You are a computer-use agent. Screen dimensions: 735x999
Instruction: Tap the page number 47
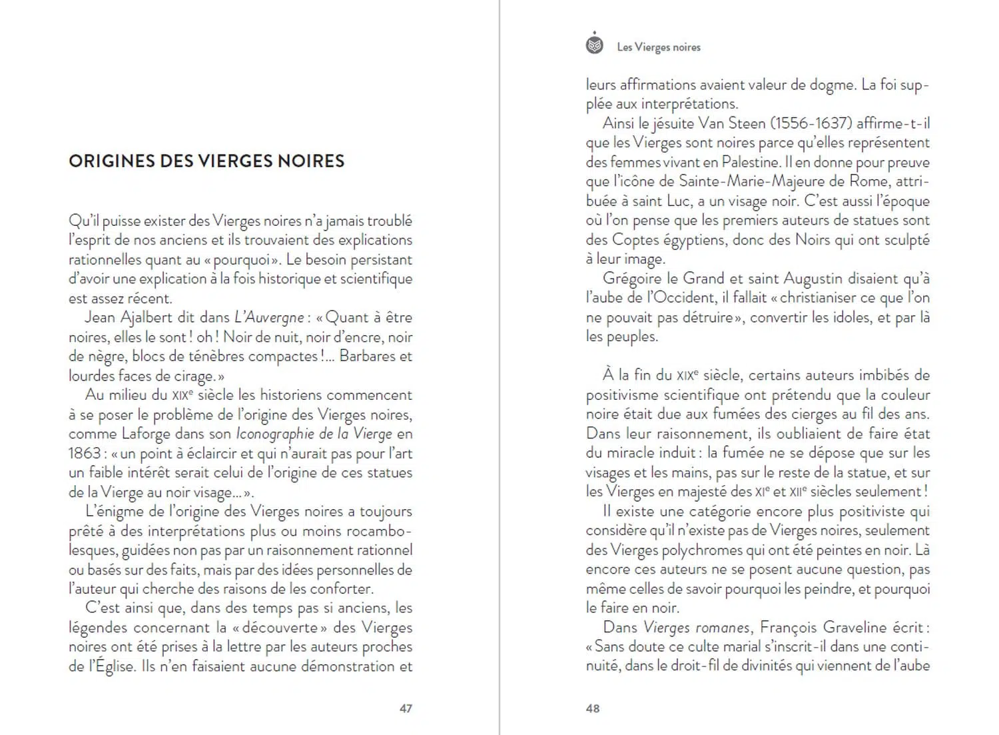click(x=406, y=708)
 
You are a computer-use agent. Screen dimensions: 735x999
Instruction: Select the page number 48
click(x=593, y=708)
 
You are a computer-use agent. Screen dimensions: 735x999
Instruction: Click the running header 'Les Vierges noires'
click(x=659, y=47)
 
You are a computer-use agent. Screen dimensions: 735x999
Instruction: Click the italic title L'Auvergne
click(x=269, y=318)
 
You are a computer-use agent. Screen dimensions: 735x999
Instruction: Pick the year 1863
click(x=85, y=454)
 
